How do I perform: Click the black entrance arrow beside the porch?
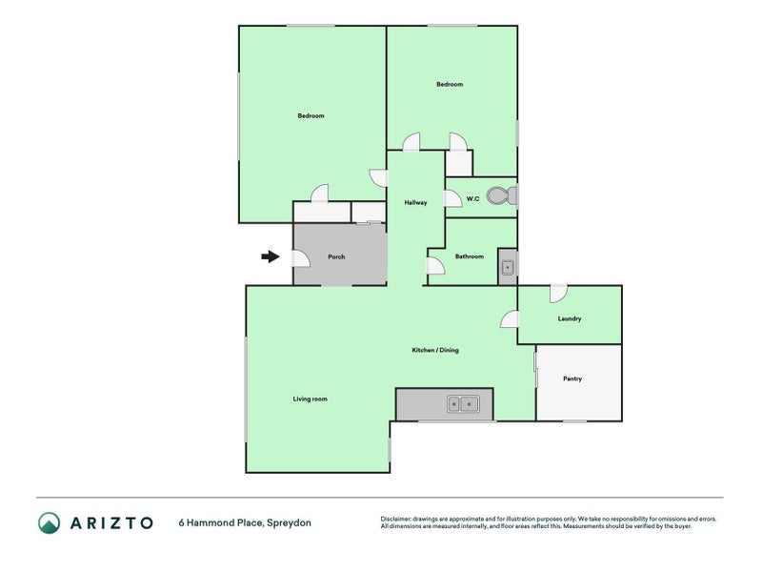271,256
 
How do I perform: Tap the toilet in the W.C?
501,196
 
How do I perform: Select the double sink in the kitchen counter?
463,403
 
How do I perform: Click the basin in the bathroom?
508,267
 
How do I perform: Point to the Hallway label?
415,202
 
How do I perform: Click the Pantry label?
572,378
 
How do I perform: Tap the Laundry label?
569,318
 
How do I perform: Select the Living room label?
311,398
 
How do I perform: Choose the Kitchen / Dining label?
435,350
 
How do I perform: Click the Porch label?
336,256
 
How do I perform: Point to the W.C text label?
472,199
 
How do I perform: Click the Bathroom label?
470,256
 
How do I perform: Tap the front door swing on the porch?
301,258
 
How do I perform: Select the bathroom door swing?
435,266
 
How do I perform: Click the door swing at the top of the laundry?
559,294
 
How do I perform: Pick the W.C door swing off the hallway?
453,199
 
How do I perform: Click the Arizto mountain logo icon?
50,522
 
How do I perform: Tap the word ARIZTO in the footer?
111,522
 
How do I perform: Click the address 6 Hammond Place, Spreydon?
245,522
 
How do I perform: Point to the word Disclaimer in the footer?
395,519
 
